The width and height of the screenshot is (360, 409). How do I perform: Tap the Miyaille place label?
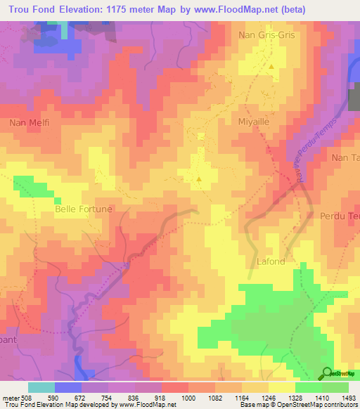coord(255,121)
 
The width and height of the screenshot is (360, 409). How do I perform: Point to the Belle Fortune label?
coord(83,209)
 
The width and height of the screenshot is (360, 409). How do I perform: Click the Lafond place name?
coord(271,261)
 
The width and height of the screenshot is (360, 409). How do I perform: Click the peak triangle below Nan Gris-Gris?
coord(271,67)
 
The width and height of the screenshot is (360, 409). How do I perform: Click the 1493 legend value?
coord(349,397)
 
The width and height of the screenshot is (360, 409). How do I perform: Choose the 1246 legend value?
coord(269,397)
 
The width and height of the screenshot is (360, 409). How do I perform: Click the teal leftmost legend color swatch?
coord(41,387)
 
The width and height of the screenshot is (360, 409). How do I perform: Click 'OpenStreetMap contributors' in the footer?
coord(317,405)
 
